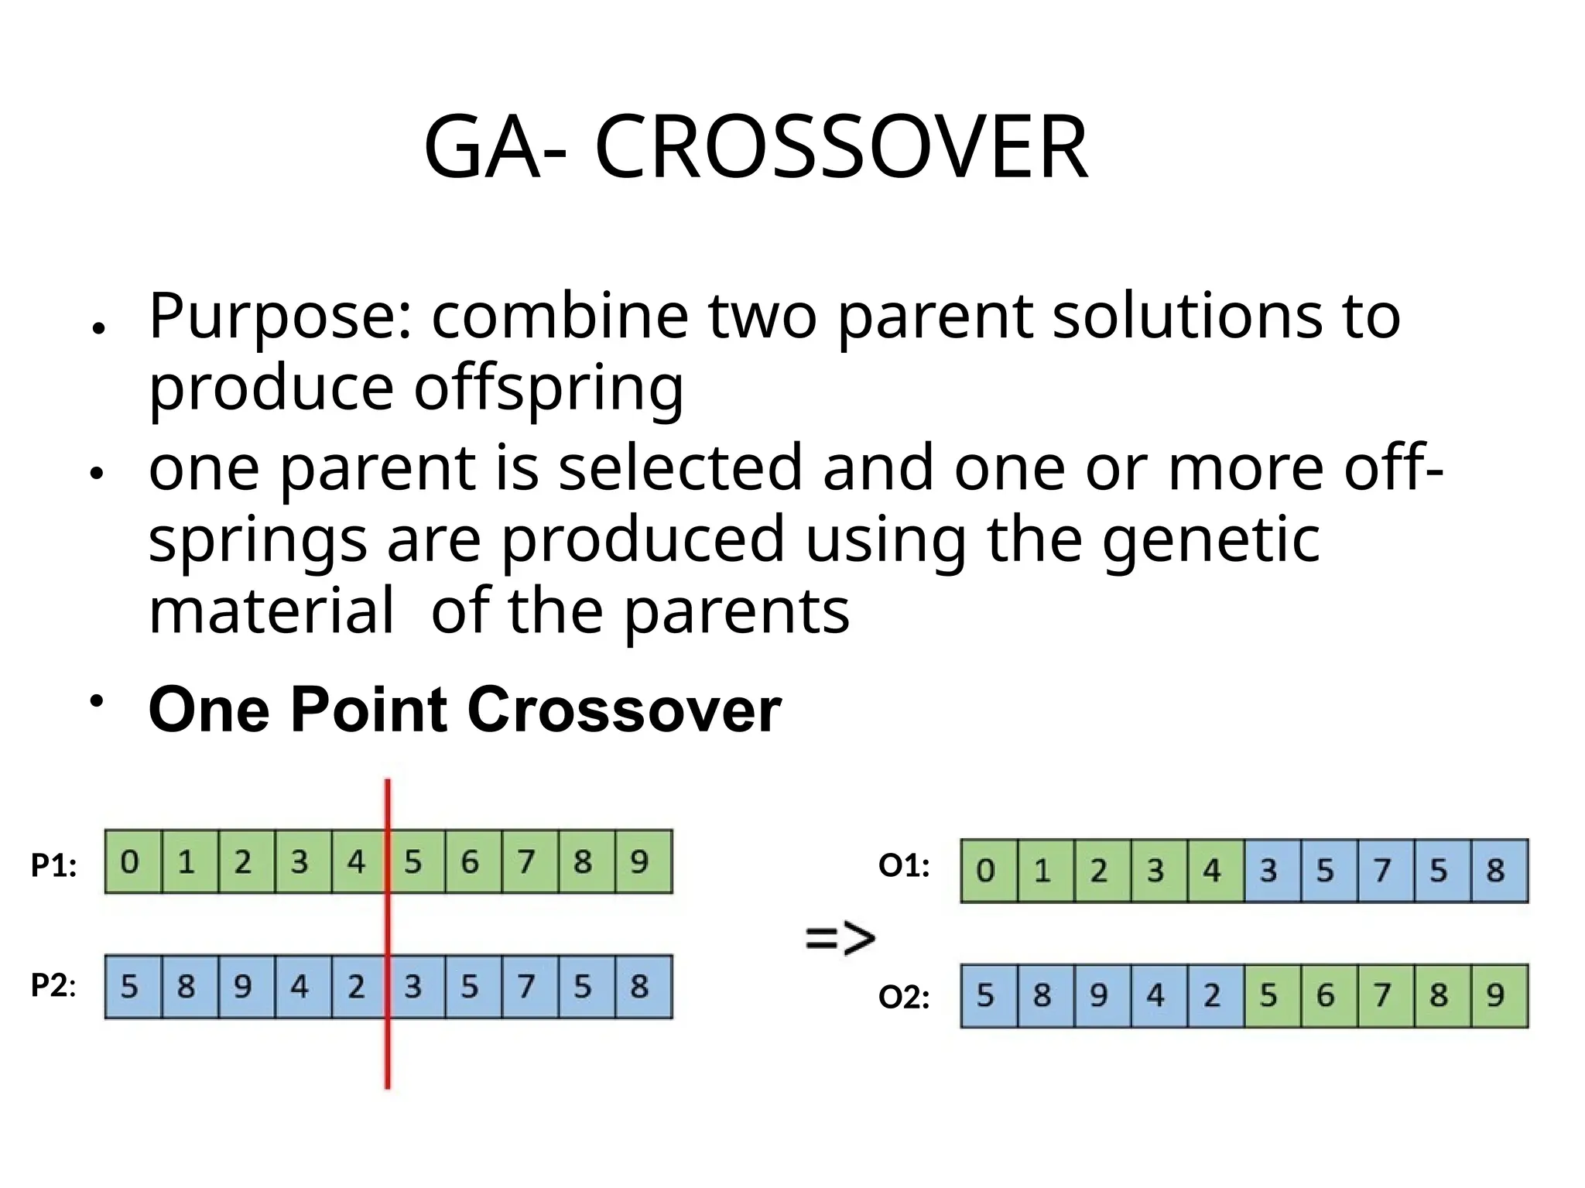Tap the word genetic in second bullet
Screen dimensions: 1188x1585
1210,539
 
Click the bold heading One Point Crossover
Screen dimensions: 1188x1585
464,710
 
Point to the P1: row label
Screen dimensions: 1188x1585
53,865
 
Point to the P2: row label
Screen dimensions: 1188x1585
53,986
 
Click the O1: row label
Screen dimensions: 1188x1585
904,866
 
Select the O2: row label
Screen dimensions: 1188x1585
904,998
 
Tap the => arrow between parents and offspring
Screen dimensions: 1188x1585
840,938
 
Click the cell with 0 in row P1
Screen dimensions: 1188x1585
130,862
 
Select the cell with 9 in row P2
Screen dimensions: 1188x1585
243,987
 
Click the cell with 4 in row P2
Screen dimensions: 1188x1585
300,987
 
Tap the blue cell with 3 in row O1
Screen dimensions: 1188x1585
1268,871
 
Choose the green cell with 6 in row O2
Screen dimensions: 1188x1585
1325,995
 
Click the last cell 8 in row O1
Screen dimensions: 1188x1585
1495,871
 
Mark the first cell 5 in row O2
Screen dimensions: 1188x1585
985,995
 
